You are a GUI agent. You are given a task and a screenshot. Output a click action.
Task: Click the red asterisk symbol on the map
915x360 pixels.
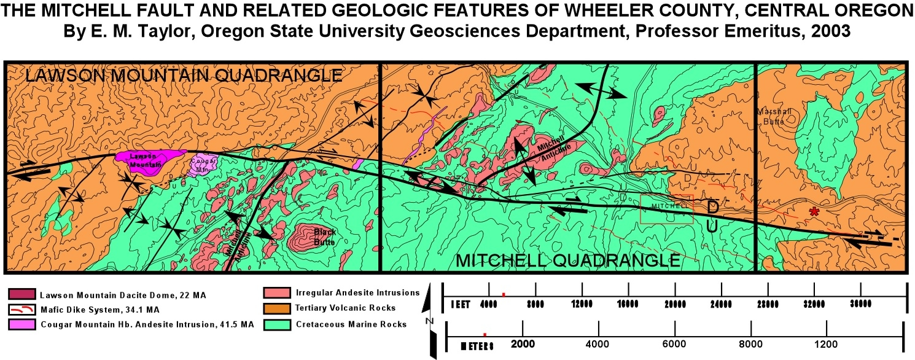coord(814,212)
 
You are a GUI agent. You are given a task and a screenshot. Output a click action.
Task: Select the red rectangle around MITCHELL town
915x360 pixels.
coord(666,209)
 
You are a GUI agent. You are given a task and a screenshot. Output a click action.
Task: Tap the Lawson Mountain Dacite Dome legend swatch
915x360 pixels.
coord(22,295)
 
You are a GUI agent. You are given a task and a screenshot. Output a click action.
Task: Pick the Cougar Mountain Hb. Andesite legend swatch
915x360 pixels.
coord(22,324)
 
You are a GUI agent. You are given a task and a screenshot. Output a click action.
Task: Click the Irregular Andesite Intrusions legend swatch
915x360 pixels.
coord(274,293)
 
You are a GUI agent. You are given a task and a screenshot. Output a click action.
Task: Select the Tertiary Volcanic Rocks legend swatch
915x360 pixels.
coord(274,308)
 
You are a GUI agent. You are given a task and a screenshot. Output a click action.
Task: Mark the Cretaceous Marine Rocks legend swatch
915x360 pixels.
coord(274,324)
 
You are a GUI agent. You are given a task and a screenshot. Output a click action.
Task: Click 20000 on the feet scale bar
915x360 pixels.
coord(675,303)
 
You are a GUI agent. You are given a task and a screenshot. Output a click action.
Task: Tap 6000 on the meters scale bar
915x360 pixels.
coord(674,344)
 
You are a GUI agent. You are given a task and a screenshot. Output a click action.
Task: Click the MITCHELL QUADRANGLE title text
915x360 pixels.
coord(567,260)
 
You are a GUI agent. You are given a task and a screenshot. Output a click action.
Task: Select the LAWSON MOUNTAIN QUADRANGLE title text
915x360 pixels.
coord(183,76)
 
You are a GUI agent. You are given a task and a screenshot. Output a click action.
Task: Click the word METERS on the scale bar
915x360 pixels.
coord(477,345)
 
